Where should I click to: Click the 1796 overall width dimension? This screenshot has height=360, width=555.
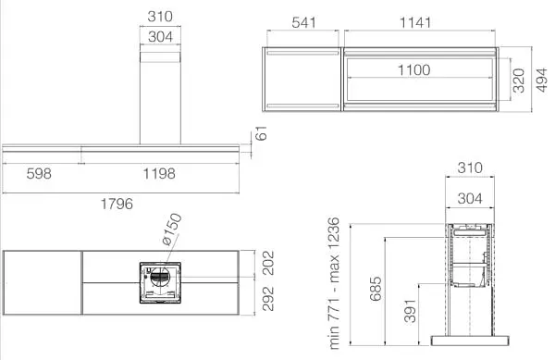117,204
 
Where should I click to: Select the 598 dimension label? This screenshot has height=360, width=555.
39,173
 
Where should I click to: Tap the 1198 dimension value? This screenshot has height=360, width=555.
159,173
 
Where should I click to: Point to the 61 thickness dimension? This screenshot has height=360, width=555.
261,133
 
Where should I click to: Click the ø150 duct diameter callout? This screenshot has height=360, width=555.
172,230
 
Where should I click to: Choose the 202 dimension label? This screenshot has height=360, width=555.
268,263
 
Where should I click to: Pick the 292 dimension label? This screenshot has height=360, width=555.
268,299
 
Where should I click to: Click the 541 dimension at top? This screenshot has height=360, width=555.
303,22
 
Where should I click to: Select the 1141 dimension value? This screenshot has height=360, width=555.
415,22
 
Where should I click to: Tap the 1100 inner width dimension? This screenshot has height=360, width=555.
414,69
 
